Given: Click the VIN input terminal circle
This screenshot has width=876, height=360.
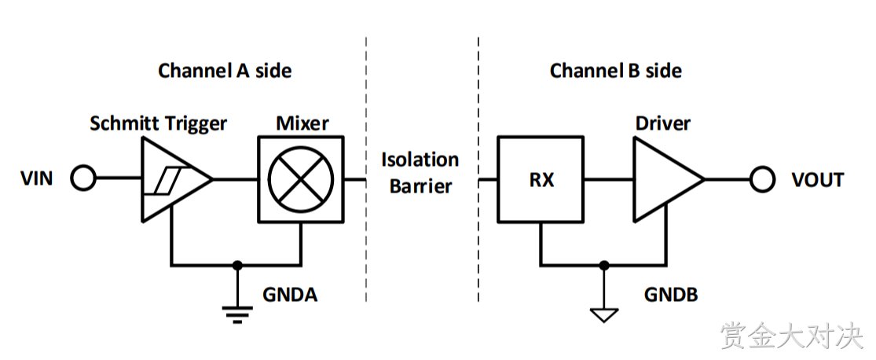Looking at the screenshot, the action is click(84, 179).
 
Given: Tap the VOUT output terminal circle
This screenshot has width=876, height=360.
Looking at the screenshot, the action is click(762, 179).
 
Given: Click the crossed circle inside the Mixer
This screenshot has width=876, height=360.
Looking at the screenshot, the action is click(301, 179).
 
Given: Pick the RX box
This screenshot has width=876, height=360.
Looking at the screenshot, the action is click(541, 179).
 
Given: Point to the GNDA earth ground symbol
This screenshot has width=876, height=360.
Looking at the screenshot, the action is click(237, 314).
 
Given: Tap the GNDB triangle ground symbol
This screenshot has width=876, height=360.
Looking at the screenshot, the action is click(604, 315).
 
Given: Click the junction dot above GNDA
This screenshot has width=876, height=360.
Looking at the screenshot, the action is click(237, 265).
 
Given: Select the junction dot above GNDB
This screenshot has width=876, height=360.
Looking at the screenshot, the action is click(604, 265).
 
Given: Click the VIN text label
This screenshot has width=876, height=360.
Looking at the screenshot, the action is click(37, 179).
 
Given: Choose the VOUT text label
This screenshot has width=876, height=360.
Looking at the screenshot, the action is click(818, 180).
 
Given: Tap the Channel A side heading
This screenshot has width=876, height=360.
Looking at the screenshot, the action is click(225, 71).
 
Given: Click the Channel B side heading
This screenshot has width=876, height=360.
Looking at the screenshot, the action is click(616, 71).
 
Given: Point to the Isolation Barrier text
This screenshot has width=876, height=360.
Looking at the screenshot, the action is click(420, 172).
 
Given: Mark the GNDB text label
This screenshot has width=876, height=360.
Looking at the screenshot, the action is click(671, 294).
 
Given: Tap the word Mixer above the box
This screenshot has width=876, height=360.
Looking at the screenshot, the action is click(302, 123).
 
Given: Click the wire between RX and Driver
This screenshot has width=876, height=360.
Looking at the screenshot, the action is click(608, 179).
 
